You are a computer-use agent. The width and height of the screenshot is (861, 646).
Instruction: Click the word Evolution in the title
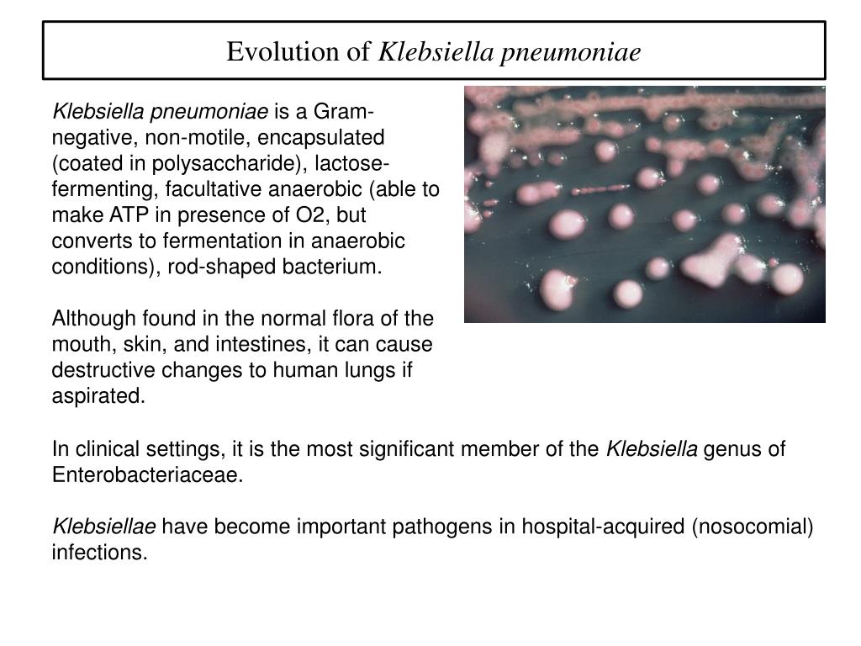(x=284, y=52)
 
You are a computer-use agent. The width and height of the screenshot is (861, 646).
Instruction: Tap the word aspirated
(x=98, y=397)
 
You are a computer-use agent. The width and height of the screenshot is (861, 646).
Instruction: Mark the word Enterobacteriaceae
(x=147, y=474)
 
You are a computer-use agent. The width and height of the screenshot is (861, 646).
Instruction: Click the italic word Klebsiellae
(x=104, y=527)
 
